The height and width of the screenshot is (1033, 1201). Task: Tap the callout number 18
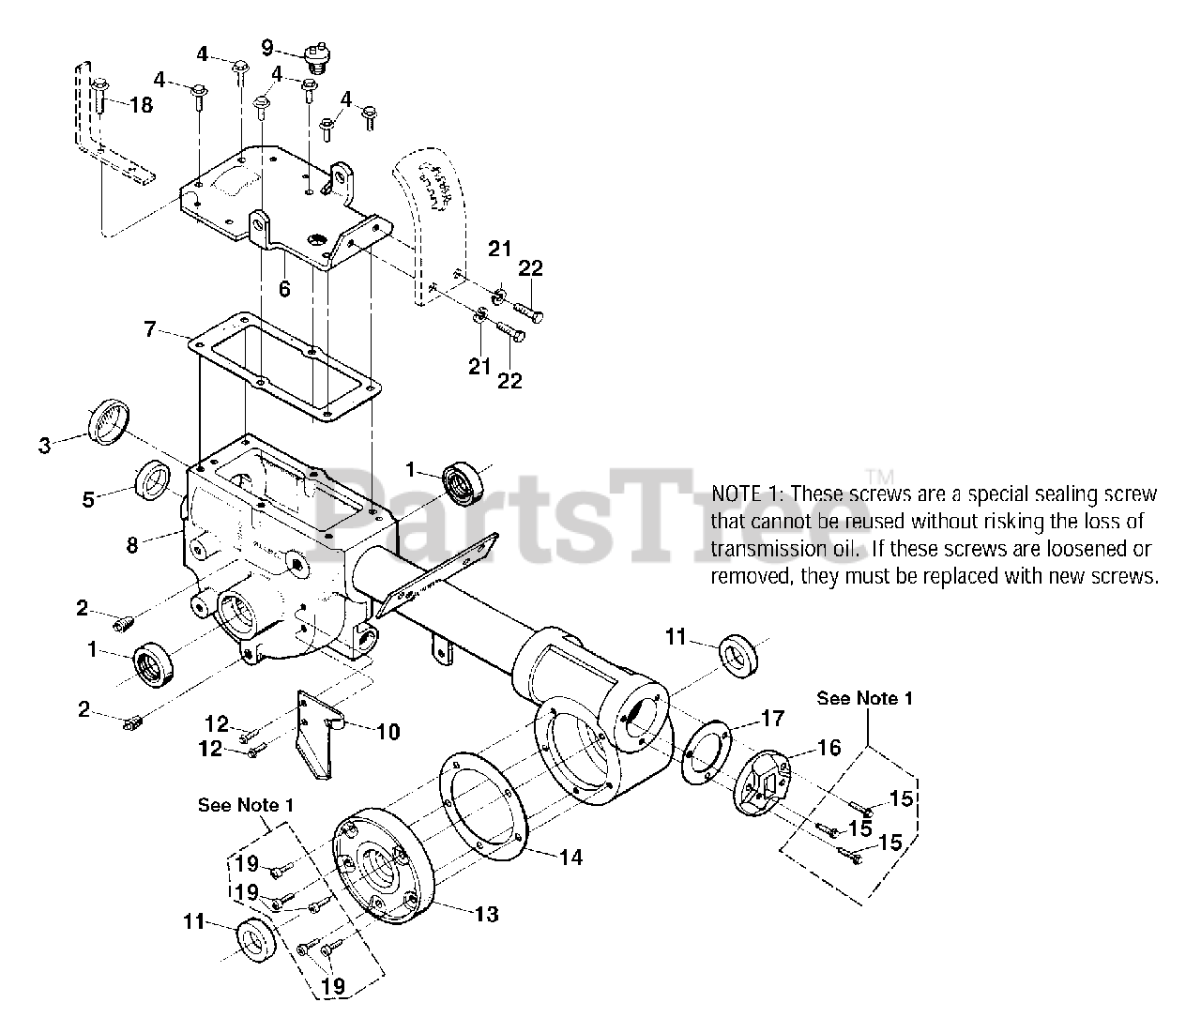pyautogui.click(x=141, y=105)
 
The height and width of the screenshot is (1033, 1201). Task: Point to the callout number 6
pyautogui.click(x=284, y=289)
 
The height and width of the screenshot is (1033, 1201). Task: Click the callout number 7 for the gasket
pyautogui.click(x=150, y=329)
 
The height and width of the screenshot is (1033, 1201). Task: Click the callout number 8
pyautogui.click(x=133, y=543)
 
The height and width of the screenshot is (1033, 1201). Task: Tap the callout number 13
pyautogui.click(x=486, y=914)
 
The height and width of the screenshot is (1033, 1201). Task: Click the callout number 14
pyautogui.click(x=570, y=857)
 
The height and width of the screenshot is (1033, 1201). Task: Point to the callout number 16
pyautogui.click(x=829, y=747)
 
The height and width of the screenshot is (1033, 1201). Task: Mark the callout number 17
pyautogui.click(x=771, y=719)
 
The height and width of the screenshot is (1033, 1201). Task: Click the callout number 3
pyautogui.click(x=44, y=445)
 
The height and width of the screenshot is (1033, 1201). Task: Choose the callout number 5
pyautogui.click(x=87, y=500)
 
